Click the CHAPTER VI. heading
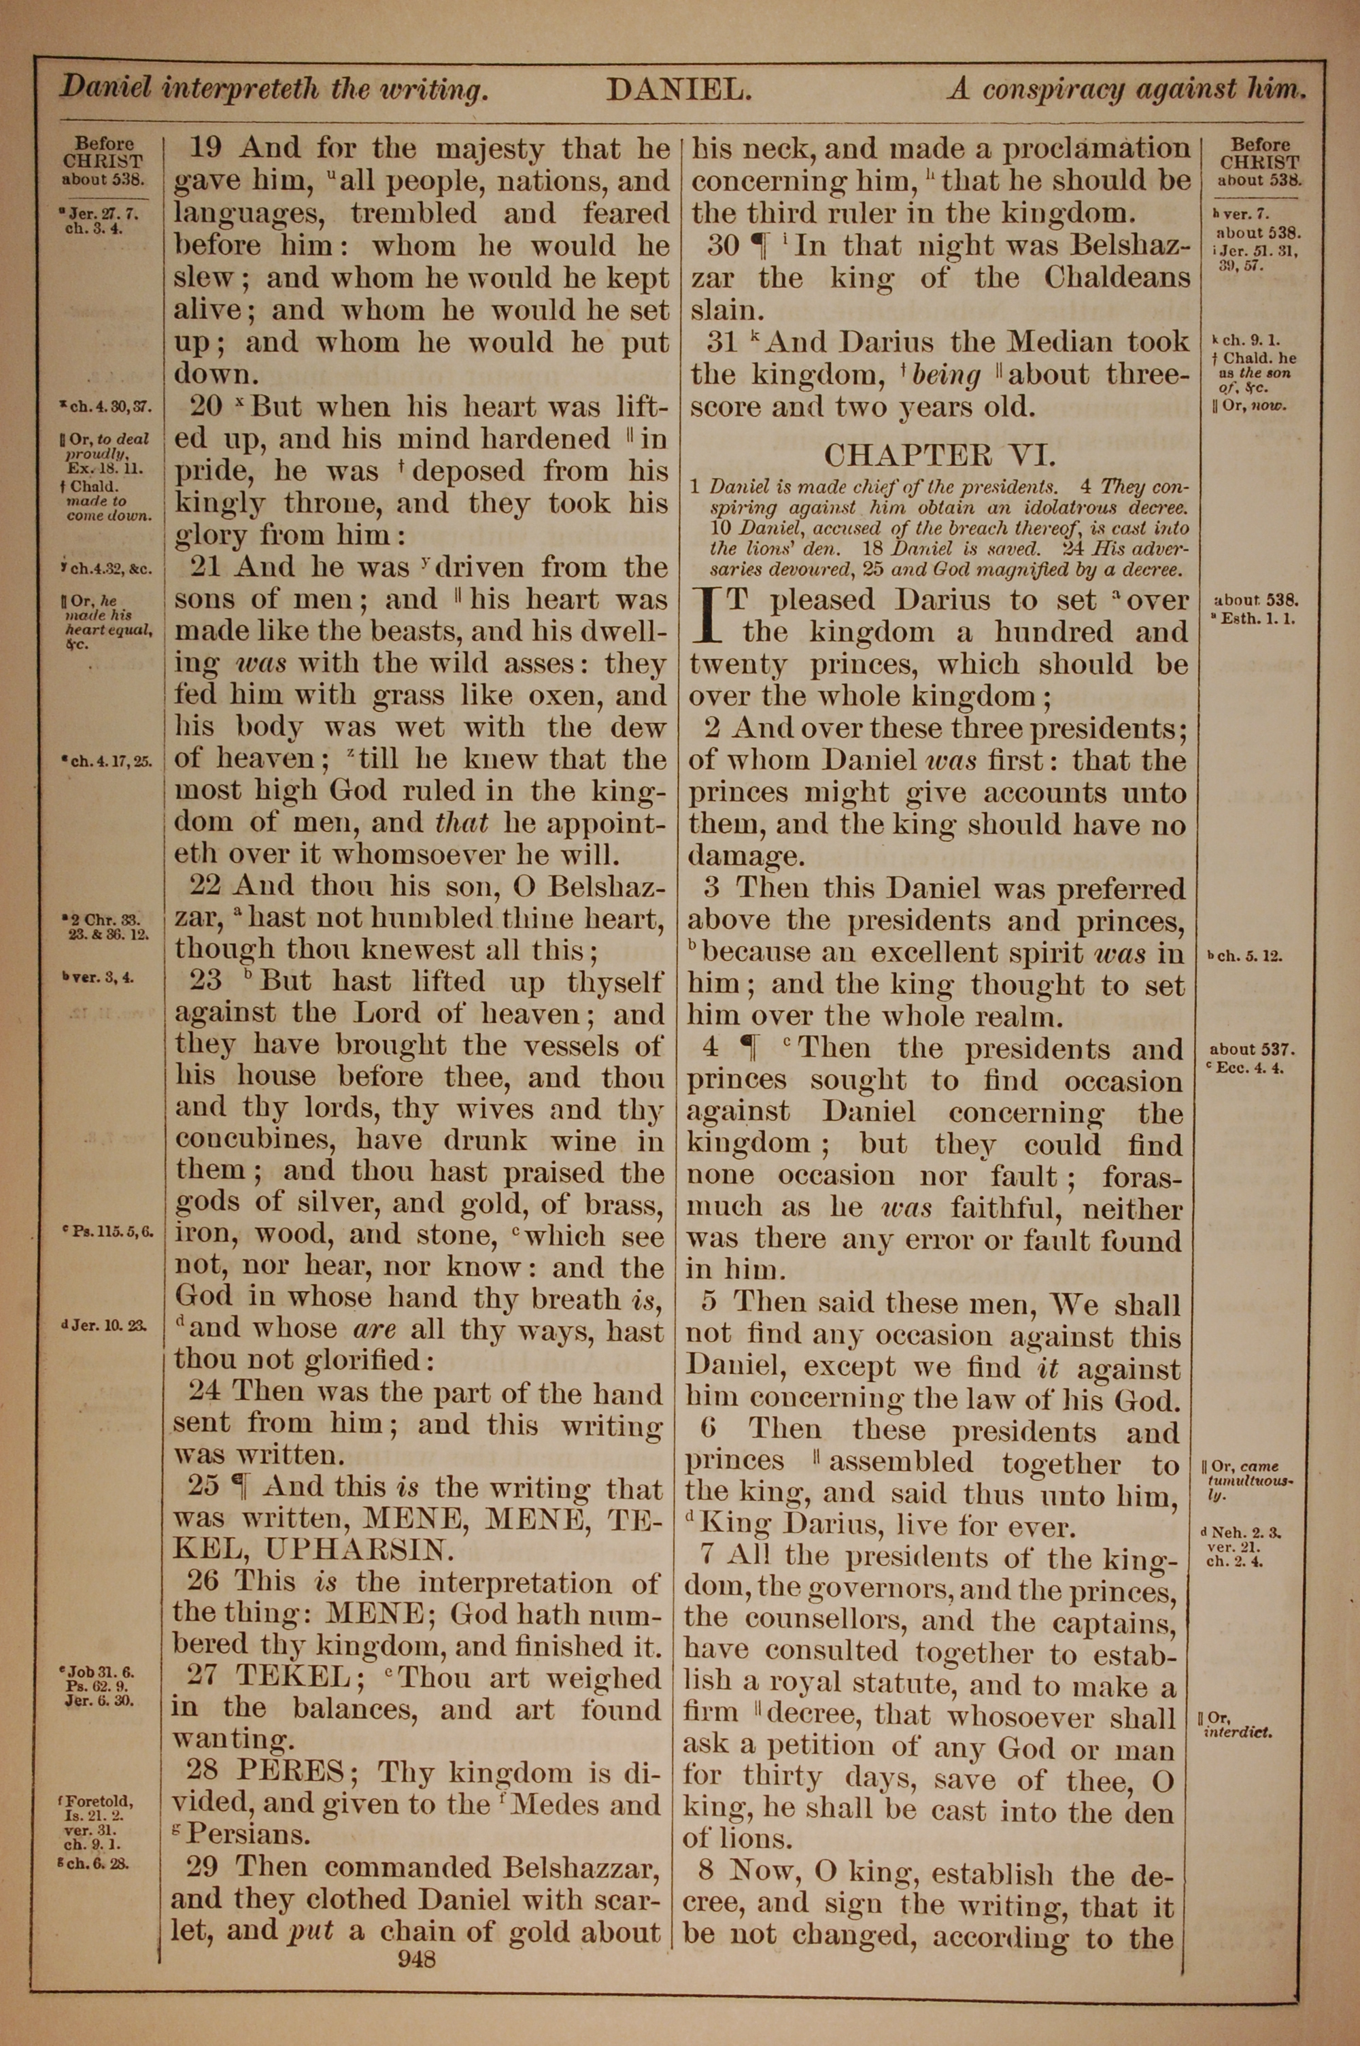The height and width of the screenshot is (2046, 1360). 939,454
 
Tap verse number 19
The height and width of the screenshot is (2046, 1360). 205,148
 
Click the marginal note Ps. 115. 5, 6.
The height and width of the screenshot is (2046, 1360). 110,1230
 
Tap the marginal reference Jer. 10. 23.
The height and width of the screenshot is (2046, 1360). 107,1325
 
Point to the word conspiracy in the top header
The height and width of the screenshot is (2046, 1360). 1089,89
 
